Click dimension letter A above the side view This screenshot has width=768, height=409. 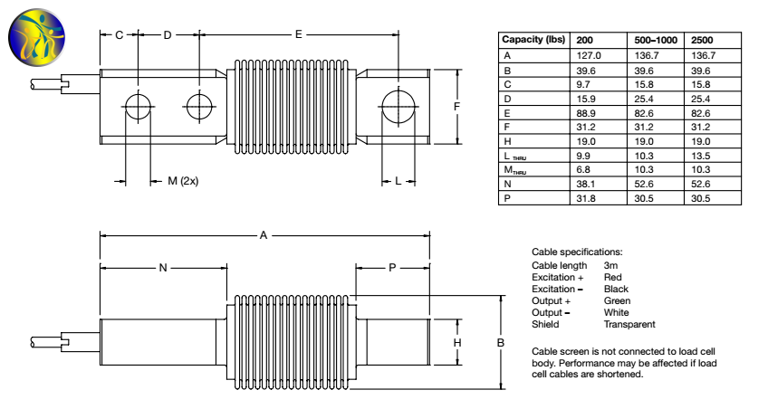pyautogui.click(x=264, y=235)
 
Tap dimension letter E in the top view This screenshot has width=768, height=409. pyautogui.click(x=298, y=34)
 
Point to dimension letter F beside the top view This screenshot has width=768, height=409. pyautogui.click(x=456, y=106)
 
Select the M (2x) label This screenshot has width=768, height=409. pyautogui.click(x=183, y=181)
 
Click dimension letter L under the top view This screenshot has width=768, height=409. pyautogui.click(x=398, y=181)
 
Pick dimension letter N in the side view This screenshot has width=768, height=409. pyautogui.click(x=163, y=268)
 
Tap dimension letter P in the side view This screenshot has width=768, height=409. pyautogui.click(x=392, y=268)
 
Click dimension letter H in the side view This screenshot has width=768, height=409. pyautogui.click(x=458, y=343)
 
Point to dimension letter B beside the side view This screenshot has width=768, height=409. pyautogui.click(x=500, y=343)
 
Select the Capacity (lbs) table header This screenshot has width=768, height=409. pyautogui.click(x=534, y=40)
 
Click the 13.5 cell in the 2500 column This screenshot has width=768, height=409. pyautogui.click(x=702, y=155)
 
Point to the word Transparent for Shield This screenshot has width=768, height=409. pyautogui.click(x=629, y=324)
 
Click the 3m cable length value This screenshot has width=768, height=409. pyautogui.click(x=610, y=265)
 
